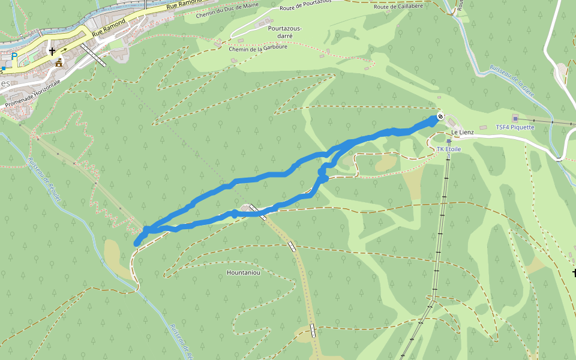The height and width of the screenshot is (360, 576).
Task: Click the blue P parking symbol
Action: point(14,56)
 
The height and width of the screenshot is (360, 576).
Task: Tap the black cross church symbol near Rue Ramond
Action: point(52,52)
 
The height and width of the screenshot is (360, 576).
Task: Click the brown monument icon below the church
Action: point(59,62)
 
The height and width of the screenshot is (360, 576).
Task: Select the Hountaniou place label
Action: point(244,272)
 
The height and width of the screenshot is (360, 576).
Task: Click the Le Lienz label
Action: point(462,132)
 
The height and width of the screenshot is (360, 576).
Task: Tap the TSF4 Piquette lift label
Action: point(515,127)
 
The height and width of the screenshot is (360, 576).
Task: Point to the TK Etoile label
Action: point(449,149)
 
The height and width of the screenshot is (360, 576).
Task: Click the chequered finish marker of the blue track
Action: point(440,116)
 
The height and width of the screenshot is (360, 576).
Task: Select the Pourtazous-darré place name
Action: point(284,32)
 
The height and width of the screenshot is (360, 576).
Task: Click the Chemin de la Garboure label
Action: point(258,49)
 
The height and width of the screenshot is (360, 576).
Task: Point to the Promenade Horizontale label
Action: point(33,94)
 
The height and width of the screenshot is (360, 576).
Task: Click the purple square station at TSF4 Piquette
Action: point(515,119)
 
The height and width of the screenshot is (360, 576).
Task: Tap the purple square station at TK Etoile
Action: point(449,142)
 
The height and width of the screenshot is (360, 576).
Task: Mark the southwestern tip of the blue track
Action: point(136,243)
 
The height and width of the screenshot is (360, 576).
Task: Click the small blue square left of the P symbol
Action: point(4,68)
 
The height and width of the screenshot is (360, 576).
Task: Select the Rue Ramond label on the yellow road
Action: point(109,26)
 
